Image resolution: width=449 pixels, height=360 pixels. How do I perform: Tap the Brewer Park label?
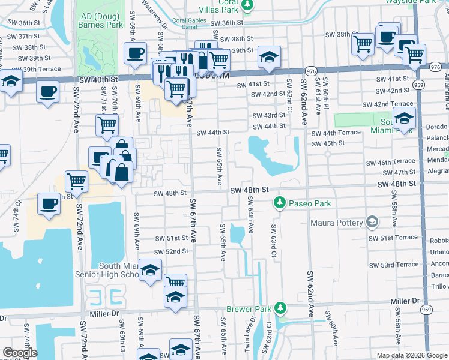pyautogui.click(x=249, y=310)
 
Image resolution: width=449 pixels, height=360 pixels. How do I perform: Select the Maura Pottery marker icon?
pyautogui.click(x=372, y=223)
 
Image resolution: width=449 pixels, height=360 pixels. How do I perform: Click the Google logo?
pyautogui.click(x=20, y=353)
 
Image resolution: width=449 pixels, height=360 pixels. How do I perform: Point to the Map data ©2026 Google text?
pyautogui.click(x=411, y=355)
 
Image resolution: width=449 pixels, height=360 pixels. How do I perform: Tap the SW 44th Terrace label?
pyautogui.click(x=336, y=133)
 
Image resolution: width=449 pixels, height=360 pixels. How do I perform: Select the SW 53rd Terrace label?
pyautogui.click(x=394, y=265)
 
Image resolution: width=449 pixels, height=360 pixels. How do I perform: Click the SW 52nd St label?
pyautogui.click(x=171, y=251)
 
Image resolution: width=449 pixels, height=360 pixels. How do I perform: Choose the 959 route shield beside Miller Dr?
pyautogui.click(x=426, y=310)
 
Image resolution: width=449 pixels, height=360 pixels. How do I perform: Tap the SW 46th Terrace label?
pyautogui.click(x=391, y=161)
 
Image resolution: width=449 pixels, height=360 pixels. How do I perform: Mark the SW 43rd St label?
pyautogui.click(x=269, y=115)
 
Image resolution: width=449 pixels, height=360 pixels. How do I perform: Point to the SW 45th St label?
pyautogui.click(x=328, y=143)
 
